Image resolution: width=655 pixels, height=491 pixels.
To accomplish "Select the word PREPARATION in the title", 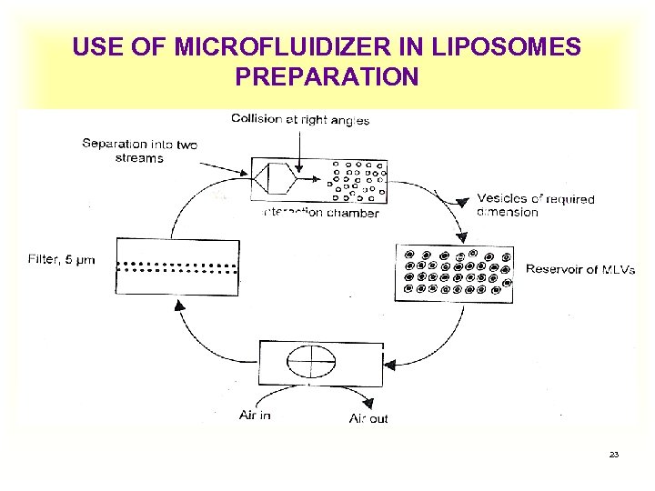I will tap(327, 76).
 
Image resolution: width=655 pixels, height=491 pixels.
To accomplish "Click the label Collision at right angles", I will tap(300, 119).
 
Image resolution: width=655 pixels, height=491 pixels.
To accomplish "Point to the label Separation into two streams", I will tap(139, 151).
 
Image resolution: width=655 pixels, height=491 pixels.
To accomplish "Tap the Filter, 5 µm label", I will tap(61, 260).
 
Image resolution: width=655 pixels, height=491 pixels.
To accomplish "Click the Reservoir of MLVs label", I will tap(580, 269).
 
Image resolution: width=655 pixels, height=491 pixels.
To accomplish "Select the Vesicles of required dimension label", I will tap(536, 205).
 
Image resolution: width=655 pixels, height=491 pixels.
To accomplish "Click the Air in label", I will tap(255, 415).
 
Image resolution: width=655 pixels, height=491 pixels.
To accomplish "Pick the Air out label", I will tap(368, 418).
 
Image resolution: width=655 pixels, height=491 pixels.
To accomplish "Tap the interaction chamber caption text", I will tap(319, 213).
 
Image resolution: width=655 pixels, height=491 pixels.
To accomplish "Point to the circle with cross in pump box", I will tap(311, 362).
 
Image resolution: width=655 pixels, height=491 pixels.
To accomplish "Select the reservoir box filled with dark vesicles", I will tap(453, 272).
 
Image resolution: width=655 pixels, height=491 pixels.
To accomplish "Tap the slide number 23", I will tap(614, 454).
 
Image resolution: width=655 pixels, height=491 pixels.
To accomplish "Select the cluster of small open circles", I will tap(359, 180).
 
